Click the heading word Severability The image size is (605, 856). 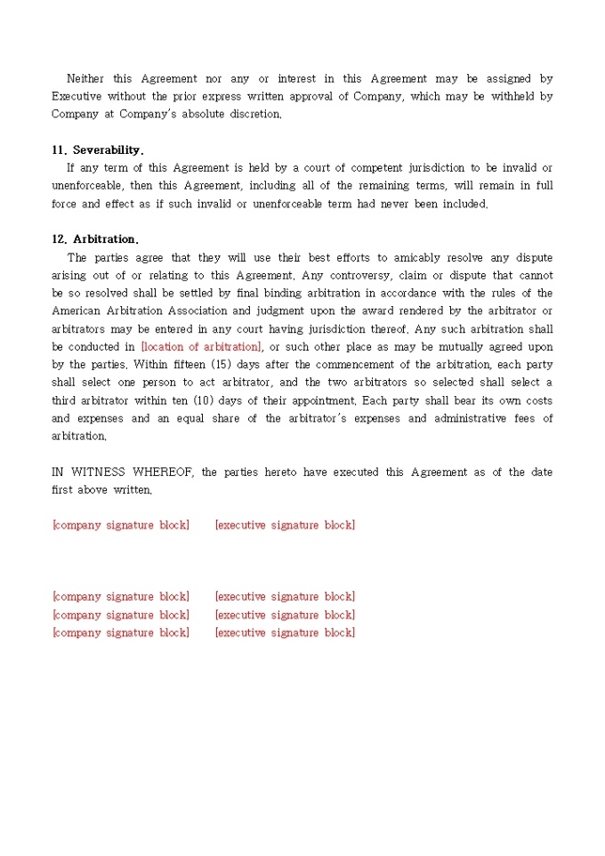click(108, 150)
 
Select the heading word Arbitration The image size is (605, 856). click(106, 239)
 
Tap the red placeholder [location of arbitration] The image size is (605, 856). click(201, 346)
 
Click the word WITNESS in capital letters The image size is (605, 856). click(99, 472)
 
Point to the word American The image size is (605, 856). click(77, 311)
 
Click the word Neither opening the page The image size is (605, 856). click(85, 78)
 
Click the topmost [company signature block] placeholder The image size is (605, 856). click(121, 525)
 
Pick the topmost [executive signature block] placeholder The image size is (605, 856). click(285, 525)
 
